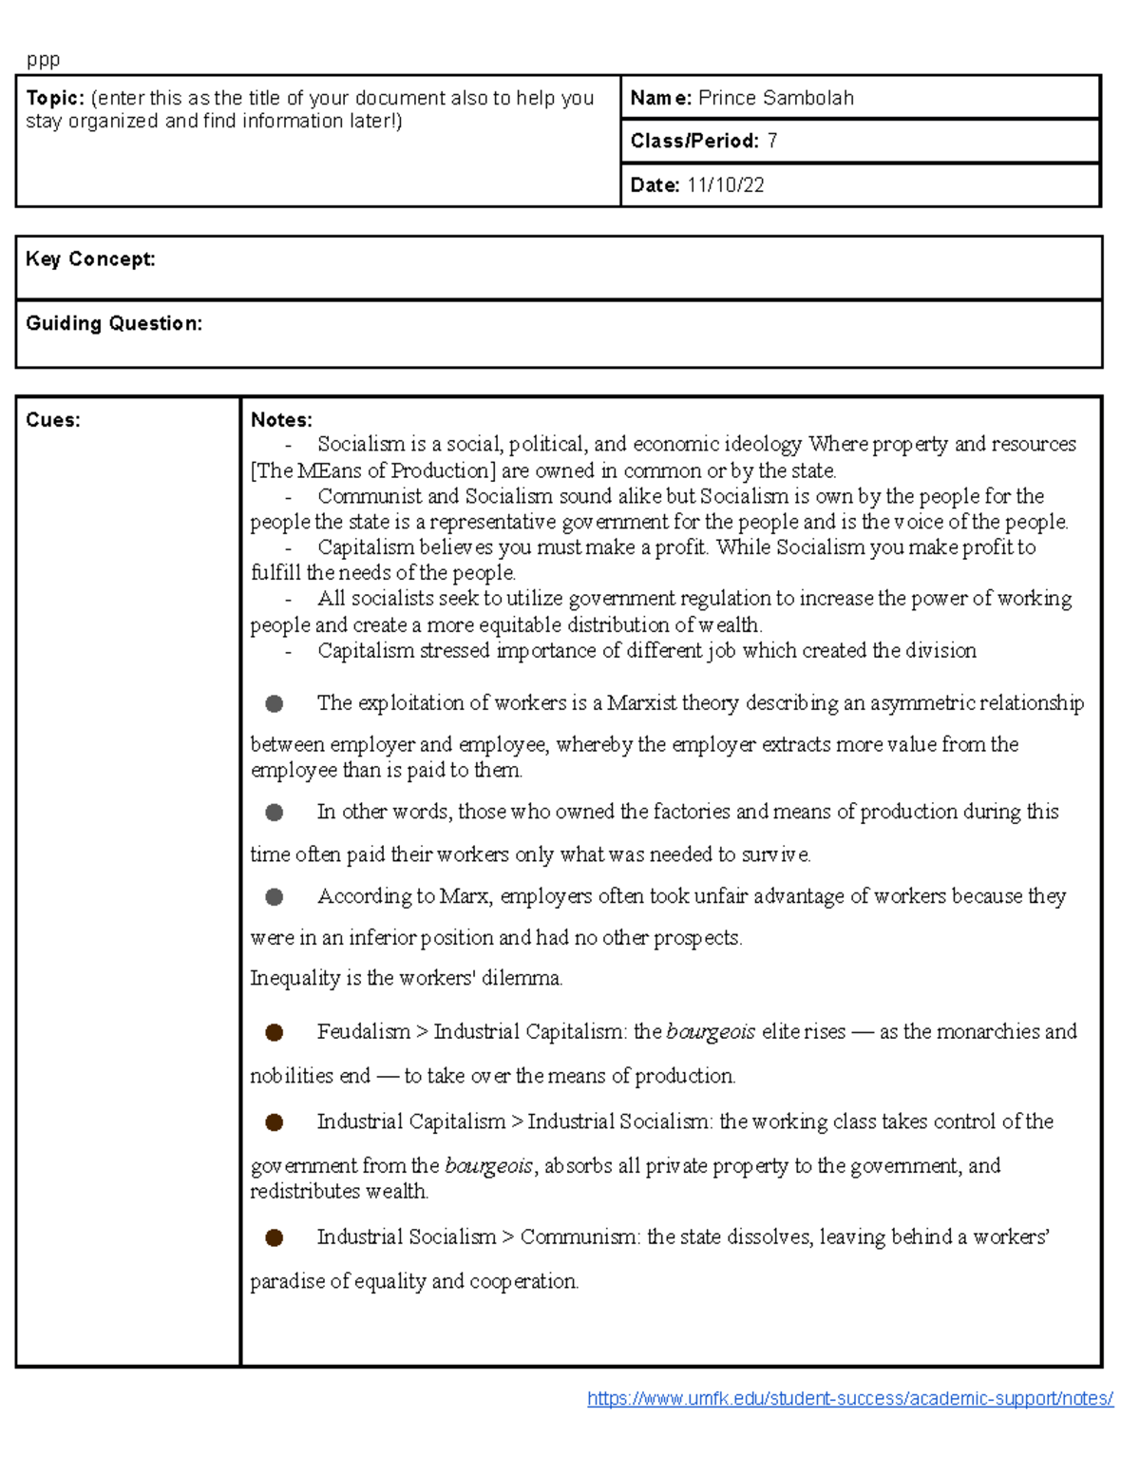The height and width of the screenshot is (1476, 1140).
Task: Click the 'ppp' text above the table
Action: (x=43, y=60)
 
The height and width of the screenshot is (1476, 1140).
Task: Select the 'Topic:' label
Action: (x=55, y=98)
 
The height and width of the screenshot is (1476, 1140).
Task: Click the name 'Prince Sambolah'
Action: (x=775, y=98)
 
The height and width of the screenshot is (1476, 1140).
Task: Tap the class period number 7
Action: (x=772, y=142)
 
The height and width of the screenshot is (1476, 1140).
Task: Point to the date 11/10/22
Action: (x=726, y=185)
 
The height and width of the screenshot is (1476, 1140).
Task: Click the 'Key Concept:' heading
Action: (x=90, y=259)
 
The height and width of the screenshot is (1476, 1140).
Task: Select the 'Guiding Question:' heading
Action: (x=114, y=323)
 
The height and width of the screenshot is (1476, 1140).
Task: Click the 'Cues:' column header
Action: (x=53, y=420)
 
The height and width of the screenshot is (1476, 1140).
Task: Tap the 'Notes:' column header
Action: (x=281, y=420)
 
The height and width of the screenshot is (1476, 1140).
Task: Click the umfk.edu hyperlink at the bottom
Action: (x=850, y=1398)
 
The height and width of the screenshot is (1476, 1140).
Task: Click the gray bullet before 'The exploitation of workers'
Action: (x=275, y=703)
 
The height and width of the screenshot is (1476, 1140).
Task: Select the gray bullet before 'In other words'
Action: (x=275, y=813)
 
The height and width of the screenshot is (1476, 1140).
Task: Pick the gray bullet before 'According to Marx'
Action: (x=275, y=896)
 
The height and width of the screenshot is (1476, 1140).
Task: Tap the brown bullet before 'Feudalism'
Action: (x=275, y=1032)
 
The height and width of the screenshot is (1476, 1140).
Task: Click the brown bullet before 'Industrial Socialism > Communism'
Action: (x=275, y=1237)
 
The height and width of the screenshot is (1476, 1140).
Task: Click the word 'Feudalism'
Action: (x=364, y=1032)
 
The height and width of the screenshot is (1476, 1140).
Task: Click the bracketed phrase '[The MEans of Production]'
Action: (x=373, y=470)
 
